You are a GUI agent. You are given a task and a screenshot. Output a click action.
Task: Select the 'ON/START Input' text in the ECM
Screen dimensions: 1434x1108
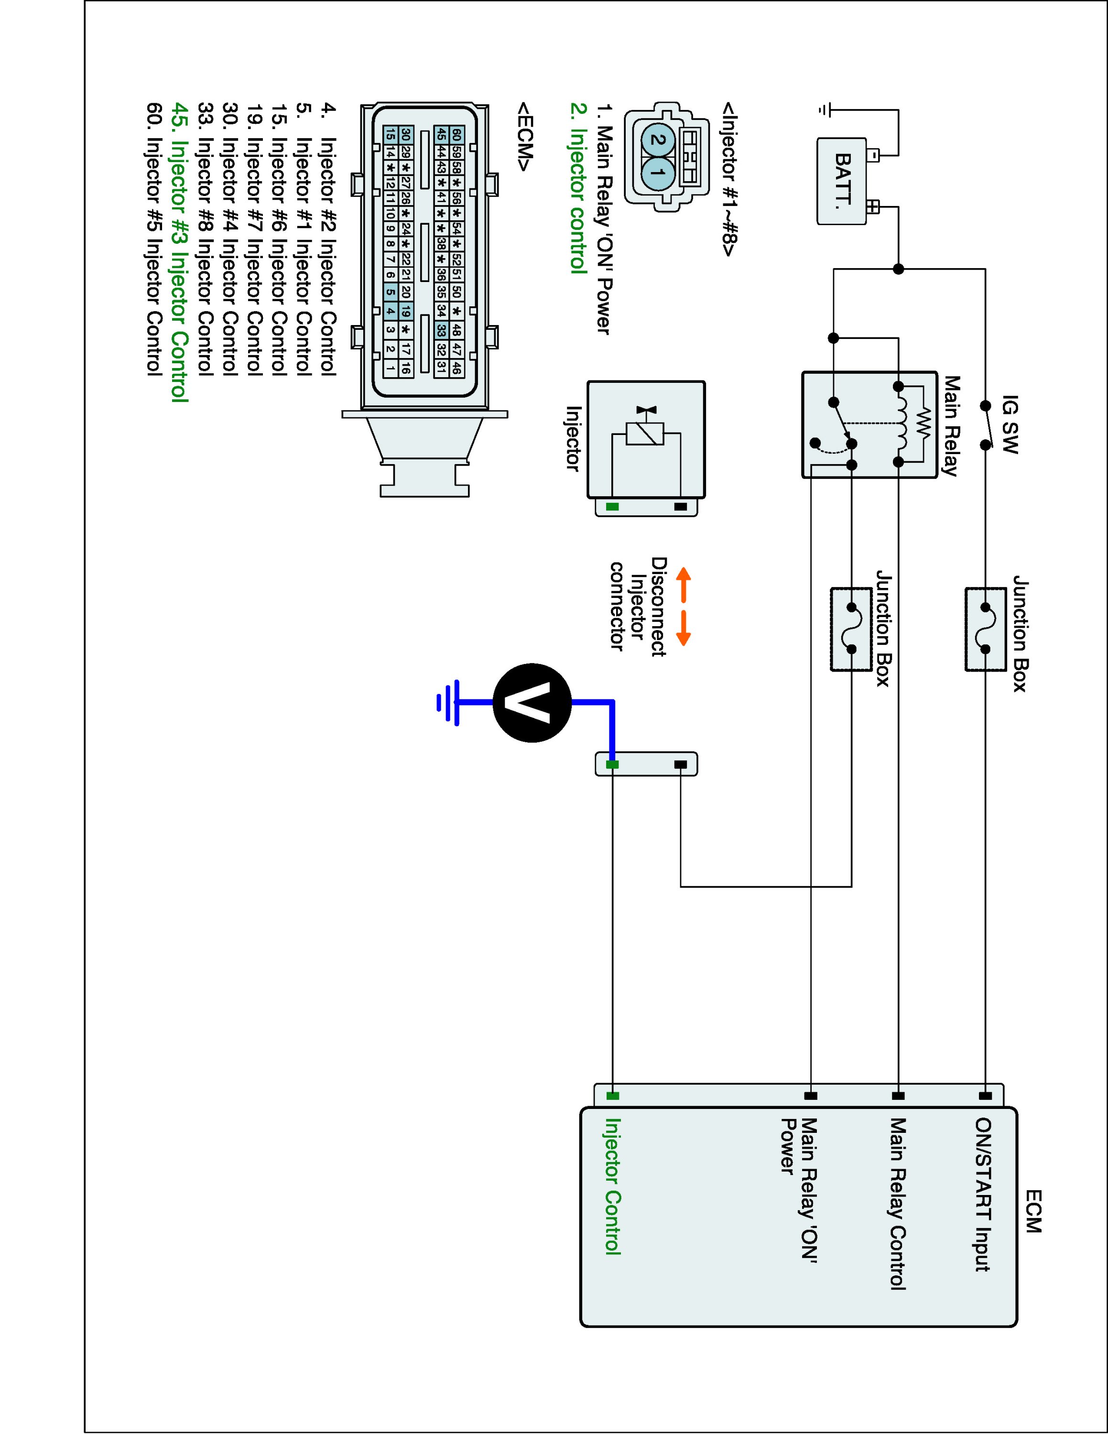tap(983, 1195)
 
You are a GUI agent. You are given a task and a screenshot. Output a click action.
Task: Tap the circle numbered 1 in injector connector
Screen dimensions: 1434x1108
tap(661, 174)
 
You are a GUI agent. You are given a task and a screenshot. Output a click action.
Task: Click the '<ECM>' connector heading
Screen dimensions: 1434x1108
tap(525, 137)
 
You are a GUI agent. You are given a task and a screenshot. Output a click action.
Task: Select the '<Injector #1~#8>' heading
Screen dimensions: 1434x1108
tap(728, 179)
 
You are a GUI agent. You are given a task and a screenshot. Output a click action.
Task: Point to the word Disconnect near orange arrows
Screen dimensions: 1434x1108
tap(658, 607)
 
